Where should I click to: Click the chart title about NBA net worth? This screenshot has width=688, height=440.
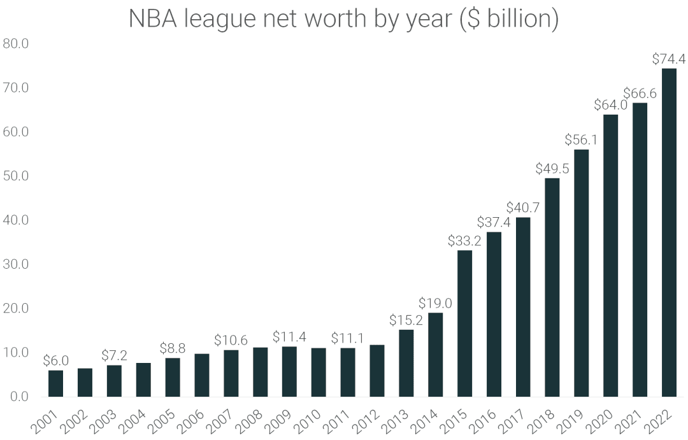coord(343,19)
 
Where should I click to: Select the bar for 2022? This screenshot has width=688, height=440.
coord(669,232)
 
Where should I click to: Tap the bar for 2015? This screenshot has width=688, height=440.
coord(464,323)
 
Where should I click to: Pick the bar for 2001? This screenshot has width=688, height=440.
coord(55,383)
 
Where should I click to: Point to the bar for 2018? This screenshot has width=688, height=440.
coord(552,287)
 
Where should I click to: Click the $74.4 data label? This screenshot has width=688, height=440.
coord(669,59)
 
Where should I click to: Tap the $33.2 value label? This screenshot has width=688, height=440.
coord(464,241)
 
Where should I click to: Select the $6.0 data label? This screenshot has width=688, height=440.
coord(55,361)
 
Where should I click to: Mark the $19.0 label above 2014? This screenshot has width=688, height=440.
coord(435,304)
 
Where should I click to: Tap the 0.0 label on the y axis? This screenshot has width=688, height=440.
coord(18,397)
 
